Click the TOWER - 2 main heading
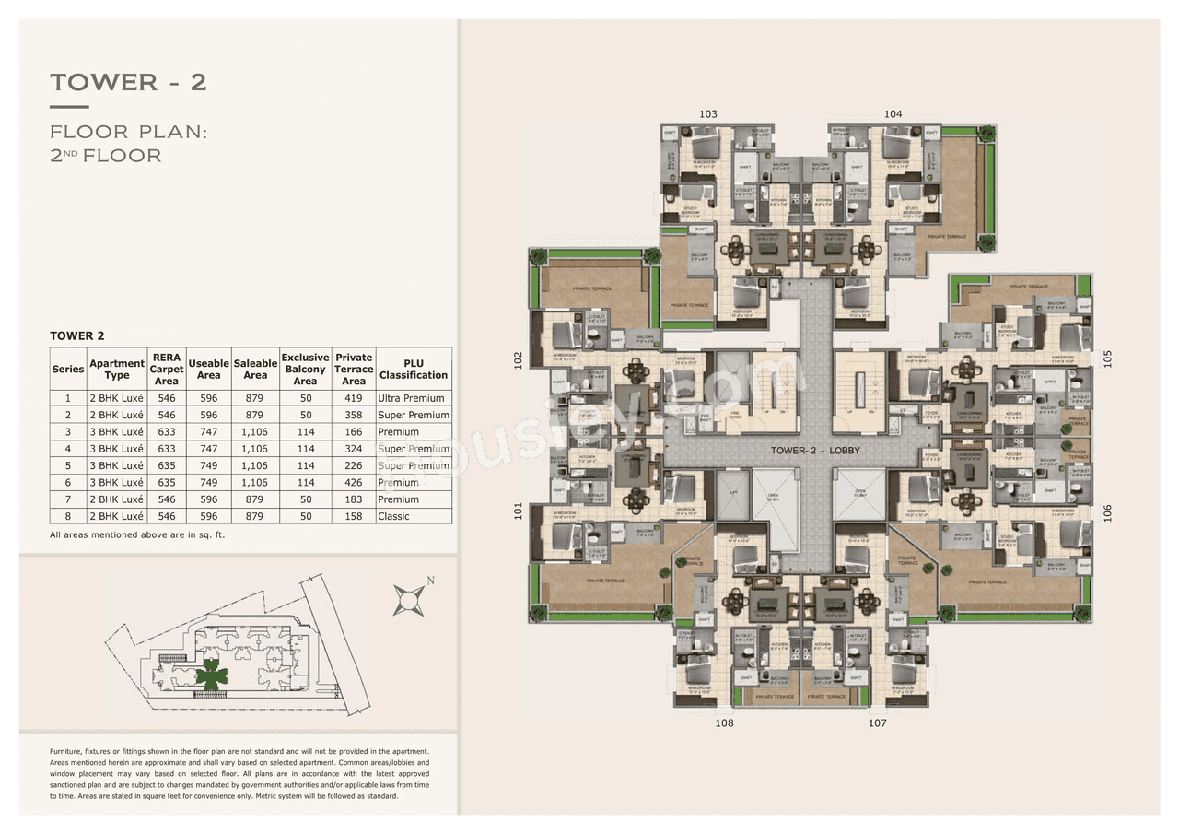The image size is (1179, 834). point(128,82)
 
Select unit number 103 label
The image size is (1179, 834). point(707,114)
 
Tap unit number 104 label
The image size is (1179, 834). point(893,114)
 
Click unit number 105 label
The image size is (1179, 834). point(1107,358)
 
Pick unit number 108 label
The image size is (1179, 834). point(725,723)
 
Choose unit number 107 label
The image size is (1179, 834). point(877,723)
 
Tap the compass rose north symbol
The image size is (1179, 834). point(408,599)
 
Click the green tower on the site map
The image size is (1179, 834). point(212,675)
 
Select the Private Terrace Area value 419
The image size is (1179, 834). point(354,398)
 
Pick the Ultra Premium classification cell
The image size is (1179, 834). point(413,398)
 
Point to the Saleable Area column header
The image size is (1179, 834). point(255,370)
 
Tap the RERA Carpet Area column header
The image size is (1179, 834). point(167,369)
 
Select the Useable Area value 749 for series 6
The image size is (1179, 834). point(209,483)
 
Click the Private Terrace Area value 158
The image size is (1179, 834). point(354,517)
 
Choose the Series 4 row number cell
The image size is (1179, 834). point(67,449)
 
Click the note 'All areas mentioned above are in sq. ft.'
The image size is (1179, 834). point(138,534)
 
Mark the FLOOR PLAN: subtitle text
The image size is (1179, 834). point(129,132)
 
